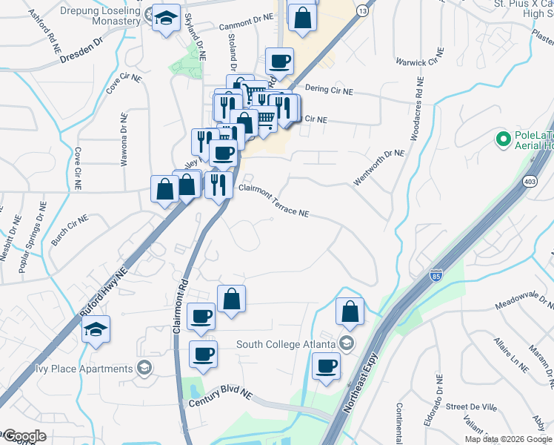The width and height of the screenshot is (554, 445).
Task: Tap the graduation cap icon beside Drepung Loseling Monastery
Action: coord(166,18)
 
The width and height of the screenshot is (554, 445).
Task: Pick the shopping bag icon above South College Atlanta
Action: coord(350,311)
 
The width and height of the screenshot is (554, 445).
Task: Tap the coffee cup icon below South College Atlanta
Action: coord(325,366)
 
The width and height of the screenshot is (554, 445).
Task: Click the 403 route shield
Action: coord(530,181)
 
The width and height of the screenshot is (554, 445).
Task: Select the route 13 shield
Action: coord(361,11)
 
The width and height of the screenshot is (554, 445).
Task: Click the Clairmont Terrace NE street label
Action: coord(273,201)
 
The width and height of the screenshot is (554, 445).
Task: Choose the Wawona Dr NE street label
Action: coord(124,136)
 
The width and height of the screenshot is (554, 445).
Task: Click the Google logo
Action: coord(24,436)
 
